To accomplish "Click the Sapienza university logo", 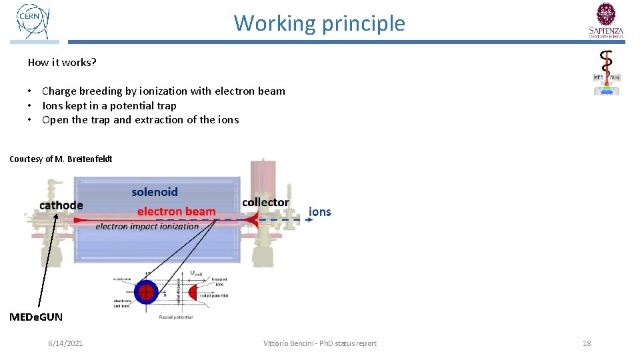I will click(x=606, y=20).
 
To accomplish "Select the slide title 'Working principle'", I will click(x=319, y=23).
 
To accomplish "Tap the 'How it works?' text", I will click(x=62, y=62).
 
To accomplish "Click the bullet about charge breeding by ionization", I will click(x=163, y=91).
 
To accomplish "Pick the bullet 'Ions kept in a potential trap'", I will click(x=109, y=105).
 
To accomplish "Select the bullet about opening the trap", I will click(x=140, y=120).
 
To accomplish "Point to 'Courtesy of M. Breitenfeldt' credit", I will click(x=61, y=159).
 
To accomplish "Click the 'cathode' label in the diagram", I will click(x=61, y=205).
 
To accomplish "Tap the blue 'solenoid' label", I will click(x=155, y=192).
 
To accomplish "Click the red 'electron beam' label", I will click(x=177, y=211).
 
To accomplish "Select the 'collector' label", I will click(x=265, y=202).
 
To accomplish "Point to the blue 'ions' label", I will click(x=320, y=211).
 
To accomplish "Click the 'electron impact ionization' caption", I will click(x=147, y=227).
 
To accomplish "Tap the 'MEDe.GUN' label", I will click(x=36, y=317).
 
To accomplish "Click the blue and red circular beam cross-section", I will click(x=145, y=291).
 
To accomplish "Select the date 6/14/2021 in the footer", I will click(x=65, y=343).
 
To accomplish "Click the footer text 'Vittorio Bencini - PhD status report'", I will click(x=319, y=343).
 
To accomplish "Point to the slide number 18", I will click(x=587, y=343).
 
